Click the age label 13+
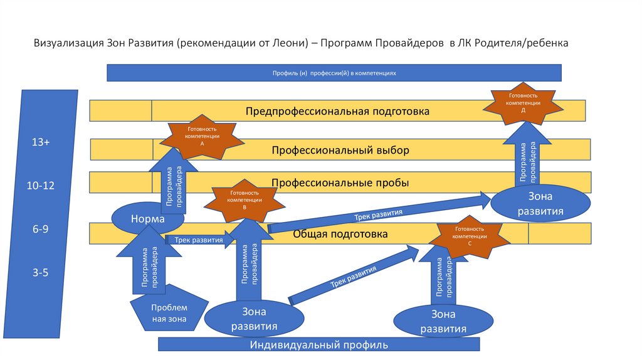click(x=41, y=143)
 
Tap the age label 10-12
click(x=41, y=186)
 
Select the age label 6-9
click(x=41, y=230)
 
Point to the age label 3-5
click(x=41, y=273)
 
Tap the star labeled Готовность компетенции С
click(x=470, y=237)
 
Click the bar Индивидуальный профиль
click(x=319, y=344)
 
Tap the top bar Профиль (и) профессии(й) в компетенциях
click(x=334, y=73)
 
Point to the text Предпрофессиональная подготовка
click(x=337, y=112)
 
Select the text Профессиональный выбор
click(x=340, y=151)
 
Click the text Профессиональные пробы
click(x=340, y=183)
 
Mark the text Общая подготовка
click(x=340, y=234)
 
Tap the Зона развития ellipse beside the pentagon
click(x=255, y=319)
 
